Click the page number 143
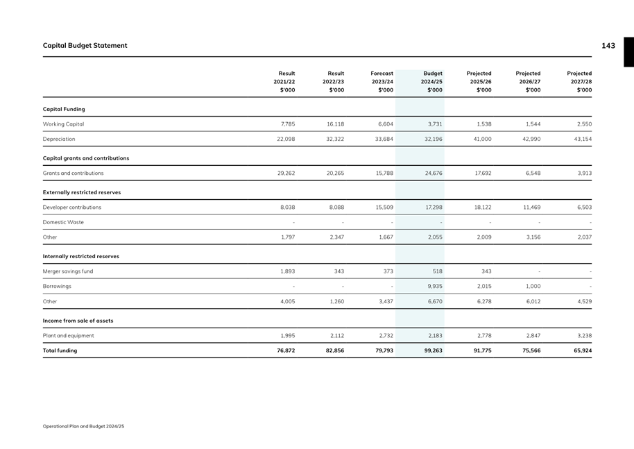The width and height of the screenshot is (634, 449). click(608, 46)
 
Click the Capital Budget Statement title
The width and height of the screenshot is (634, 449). click(85, 46)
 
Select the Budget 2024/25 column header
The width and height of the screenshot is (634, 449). click(432, 81)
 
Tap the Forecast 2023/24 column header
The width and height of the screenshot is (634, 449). click(382, 81)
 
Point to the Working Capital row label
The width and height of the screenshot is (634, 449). click(63, 124)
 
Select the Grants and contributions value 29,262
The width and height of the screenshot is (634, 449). click(286, 173)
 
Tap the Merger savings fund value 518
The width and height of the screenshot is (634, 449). click(437, 271)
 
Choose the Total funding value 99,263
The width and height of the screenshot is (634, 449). click(433, 350)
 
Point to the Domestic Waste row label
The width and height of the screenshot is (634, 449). click(63, 222)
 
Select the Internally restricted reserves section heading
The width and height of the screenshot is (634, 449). click(80, 256)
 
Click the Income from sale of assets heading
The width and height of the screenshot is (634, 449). click(78, 321)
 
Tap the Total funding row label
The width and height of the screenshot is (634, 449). click(60, 350)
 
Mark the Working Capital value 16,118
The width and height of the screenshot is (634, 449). click(335, 124)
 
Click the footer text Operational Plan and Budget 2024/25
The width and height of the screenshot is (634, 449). click(83, 425)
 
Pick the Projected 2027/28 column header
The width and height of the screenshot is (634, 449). click(579, 81)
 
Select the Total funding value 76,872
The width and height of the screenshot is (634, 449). click(286, 350)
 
